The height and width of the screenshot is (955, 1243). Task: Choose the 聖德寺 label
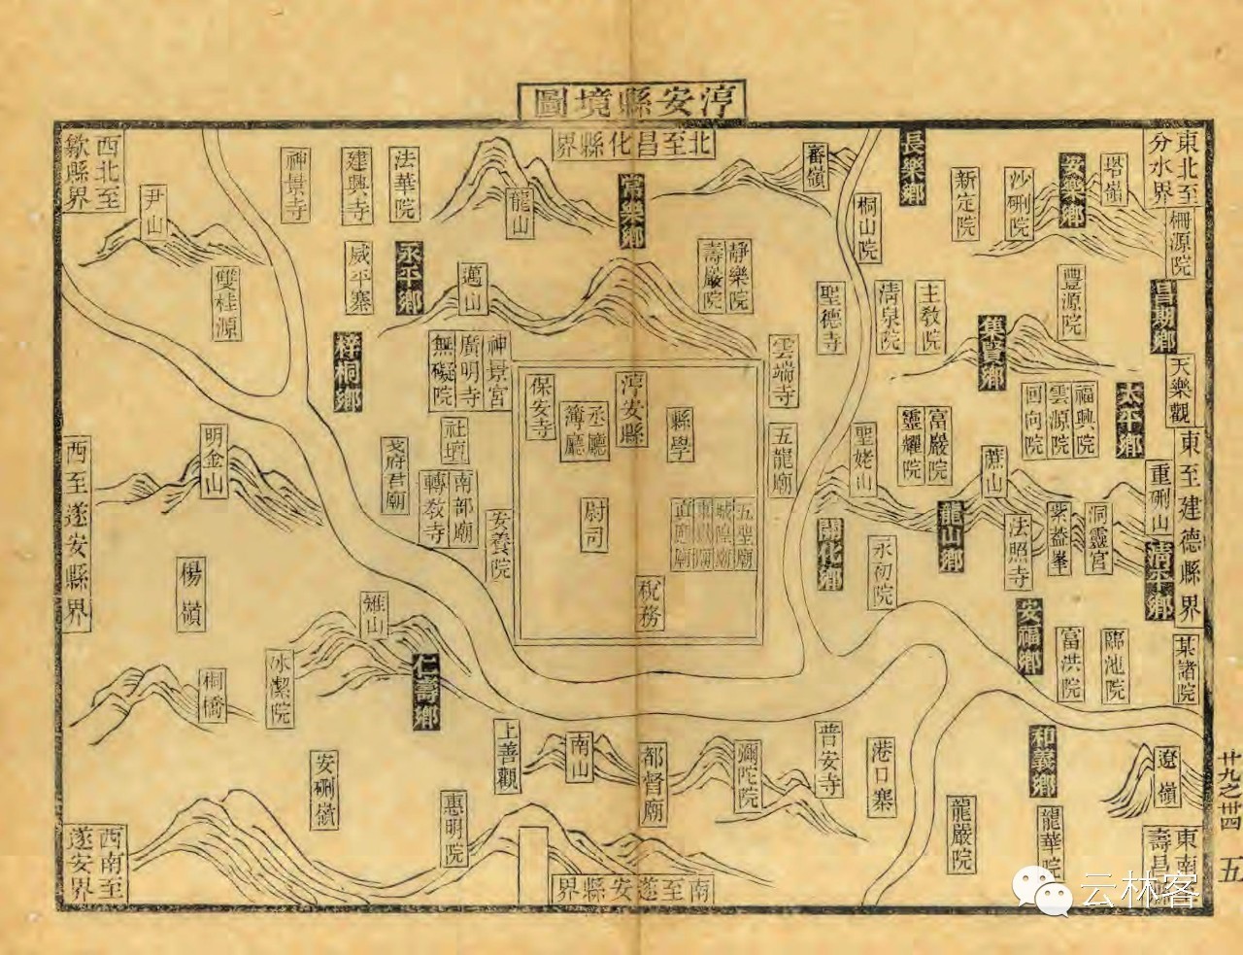coord(827,317)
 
